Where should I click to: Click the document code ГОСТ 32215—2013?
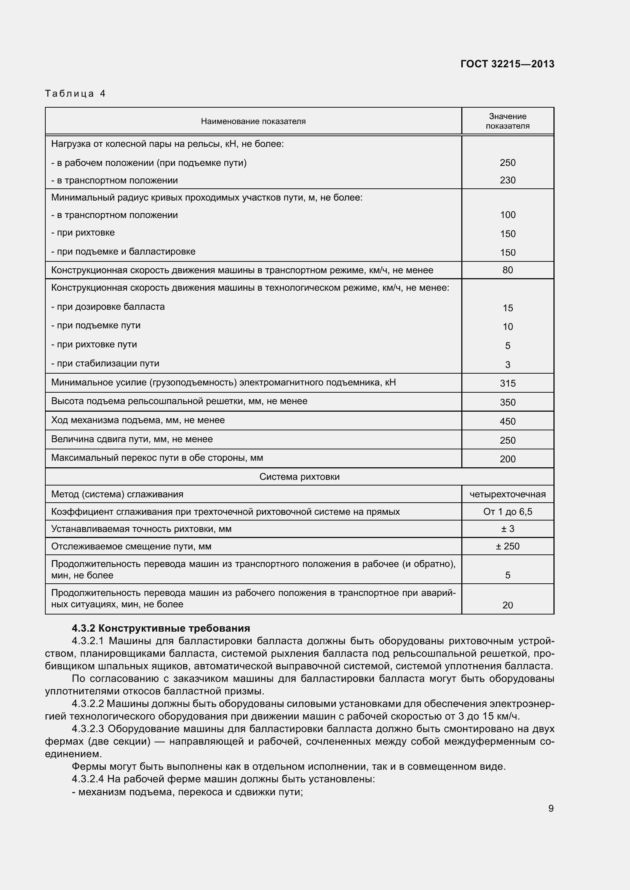click(x=507, y=64)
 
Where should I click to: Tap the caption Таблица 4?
click(x=75, y=94)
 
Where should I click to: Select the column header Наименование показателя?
click(x=253, y=121)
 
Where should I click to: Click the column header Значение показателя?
click(x=507, y=121)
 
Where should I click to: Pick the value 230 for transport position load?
click(x=507, y=180)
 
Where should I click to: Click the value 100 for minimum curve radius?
click(x=507, y=215)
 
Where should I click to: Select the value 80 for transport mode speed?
click(x=507, y=270)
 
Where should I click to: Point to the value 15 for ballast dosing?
click(x=507, y=308)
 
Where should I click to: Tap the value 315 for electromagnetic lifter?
click(x=507, y=383)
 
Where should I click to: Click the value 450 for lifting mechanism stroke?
click(x=507, y=421)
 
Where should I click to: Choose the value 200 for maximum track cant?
click(x=507, y=459)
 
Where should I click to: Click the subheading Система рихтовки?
click(x=299, y=476)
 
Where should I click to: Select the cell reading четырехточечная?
click(x=507, y=494)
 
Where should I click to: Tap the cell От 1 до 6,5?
click(x=507, y=512)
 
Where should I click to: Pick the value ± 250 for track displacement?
click(x=507, y=546)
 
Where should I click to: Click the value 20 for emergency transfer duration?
click(x=507, y=605)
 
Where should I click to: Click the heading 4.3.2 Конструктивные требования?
click(x=161, y=628)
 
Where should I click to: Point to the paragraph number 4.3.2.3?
click(x=88, y=729)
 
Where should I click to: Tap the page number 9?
click(x=550, y=808)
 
